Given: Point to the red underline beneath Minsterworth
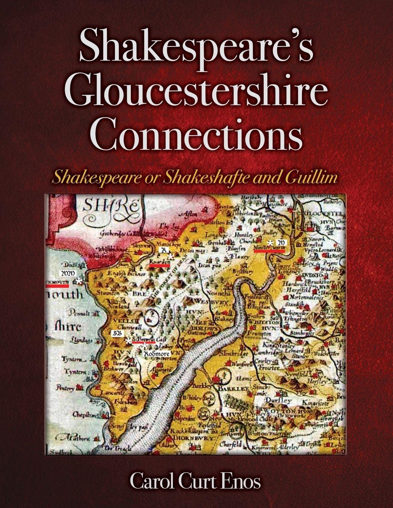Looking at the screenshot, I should click(269, 251).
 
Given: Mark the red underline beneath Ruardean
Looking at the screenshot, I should click(159, 265).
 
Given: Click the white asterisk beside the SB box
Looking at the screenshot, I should click(128, 341).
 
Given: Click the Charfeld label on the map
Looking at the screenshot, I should click(231, 444).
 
